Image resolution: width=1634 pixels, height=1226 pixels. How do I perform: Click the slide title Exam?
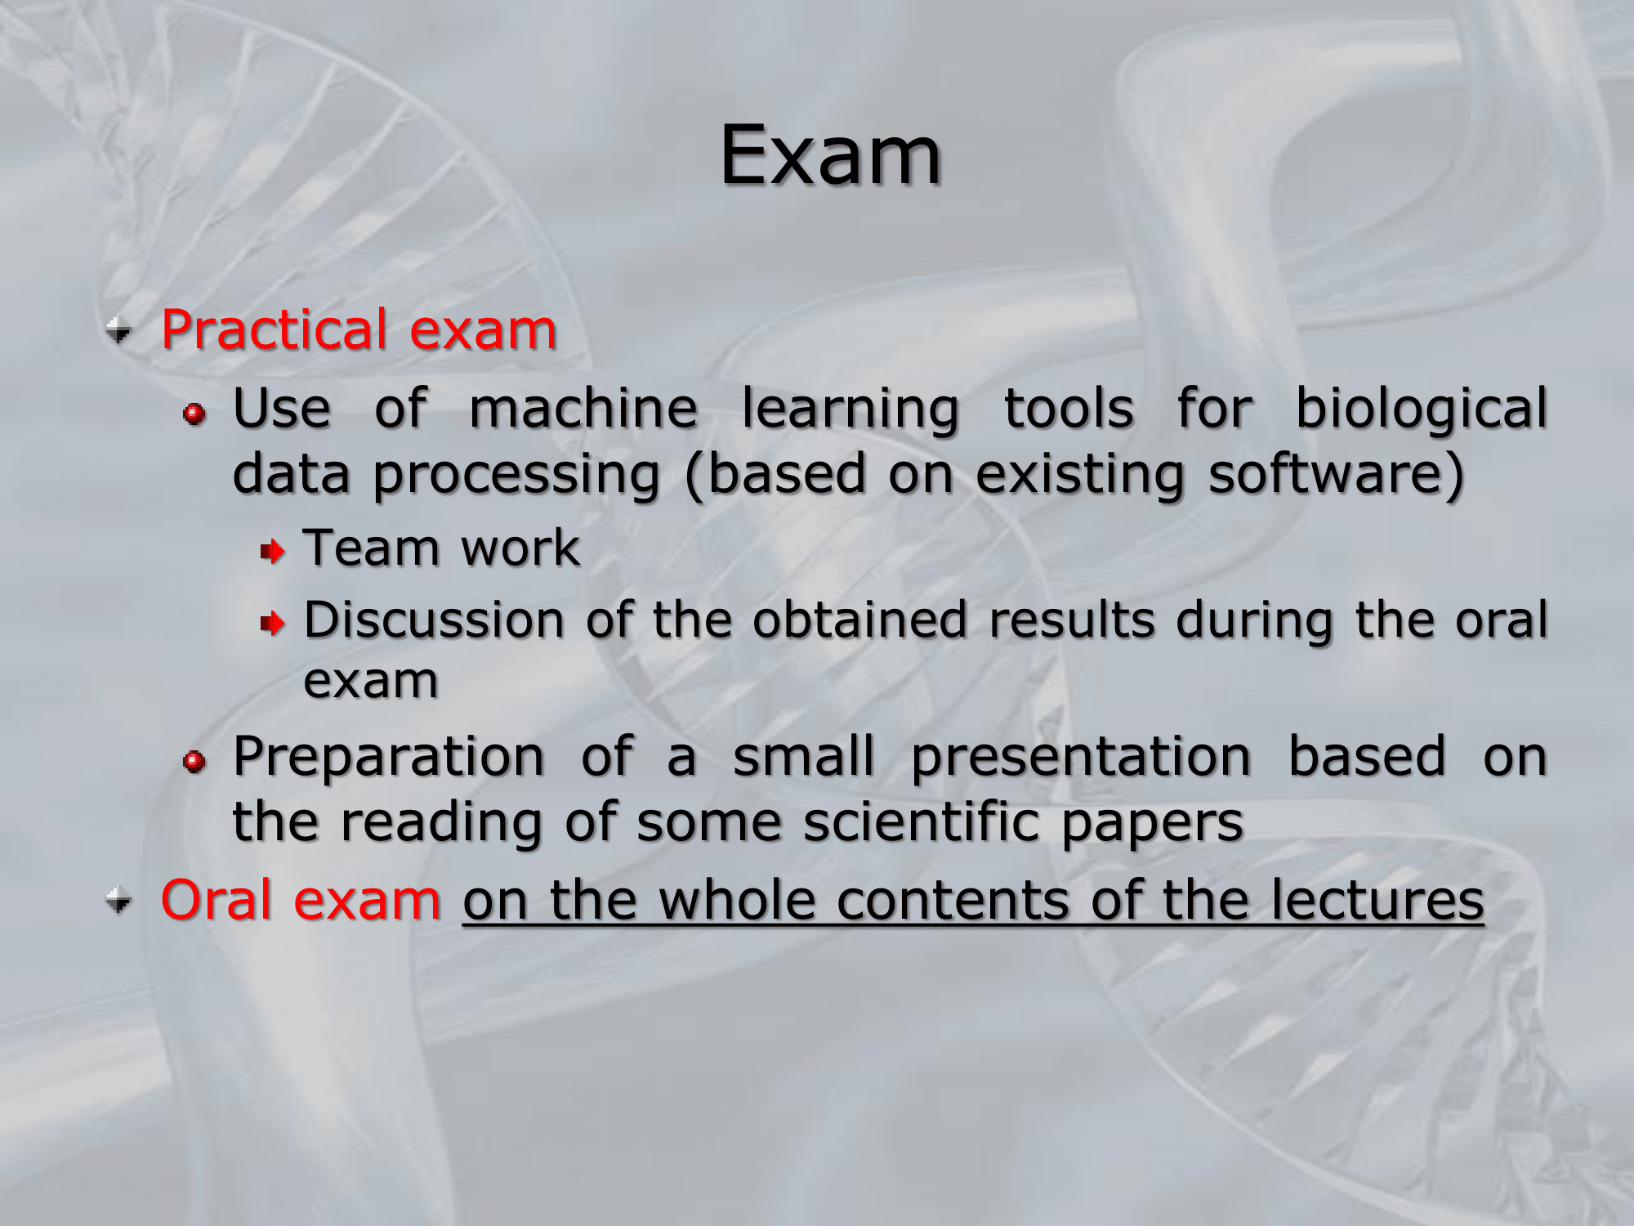pos(830,155)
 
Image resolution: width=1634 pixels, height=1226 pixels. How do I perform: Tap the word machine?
pos(583,409)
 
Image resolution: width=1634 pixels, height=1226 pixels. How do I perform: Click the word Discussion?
pos(434,620)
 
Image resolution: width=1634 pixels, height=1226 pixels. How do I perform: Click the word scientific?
pos(921,821)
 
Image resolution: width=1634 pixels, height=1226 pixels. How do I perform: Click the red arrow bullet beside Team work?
pos(273,553)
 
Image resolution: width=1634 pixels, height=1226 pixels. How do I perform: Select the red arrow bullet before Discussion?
pos(273,624)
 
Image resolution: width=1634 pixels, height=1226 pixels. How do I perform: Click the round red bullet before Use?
pos(194,414)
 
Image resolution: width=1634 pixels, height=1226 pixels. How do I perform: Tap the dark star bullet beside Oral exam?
pos(119,902)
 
